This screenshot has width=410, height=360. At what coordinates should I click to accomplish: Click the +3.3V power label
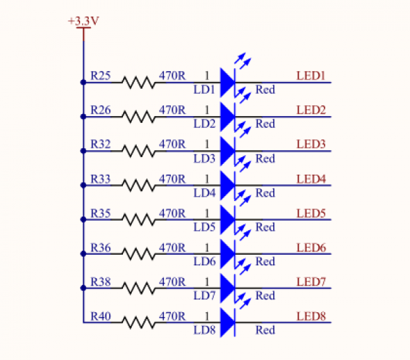[83, 21]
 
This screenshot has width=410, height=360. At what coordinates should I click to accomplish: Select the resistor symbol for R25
[139, 83]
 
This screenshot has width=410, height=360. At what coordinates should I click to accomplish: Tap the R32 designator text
[100, 144]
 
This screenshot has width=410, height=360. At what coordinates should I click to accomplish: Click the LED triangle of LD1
[228, 83]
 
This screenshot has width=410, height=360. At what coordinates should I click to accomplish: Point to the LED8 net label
[311, 316]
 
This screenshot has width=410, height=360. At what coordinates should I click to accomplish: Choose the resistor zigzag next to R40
[139, 322]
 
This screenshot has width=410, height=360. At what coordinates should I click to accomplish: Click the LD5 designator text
[204, 227]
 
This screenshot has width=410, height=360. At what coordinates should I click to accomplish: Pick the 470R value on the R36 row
[172, 247]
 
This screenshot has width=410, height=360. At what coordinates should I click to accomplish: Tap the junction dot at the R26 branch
[83, 117]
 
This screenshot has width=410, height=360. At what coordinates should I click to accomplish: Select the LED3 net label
[311, 144]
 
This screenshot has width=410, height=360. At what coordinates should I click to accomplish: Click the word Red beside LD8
[265, 330]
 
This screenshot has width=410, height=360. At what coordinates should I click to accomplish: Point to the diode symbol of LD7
[228, 288]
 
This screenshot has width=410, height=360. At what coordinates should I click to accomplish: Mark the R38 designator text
[100, 282]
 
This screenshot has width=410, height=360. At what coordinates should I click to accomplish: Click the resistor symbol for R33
[139, 185]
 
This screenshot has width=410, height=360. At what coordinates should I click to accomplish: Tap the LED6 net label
[311, 247]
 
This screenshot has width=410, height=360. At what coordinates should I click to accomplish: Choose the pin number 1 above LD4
[207, 179]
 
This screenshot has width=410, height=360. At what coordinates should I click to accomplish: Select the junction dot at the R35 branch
[83, 219]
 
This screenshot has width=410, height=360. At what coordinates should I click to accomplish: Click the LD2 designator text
[204, 124]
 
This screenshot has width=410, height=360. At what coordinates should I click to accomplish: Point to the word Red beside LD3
[265, 158]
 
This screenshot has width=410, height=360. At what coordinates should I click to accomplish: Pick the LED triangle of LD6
[228, 254]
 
